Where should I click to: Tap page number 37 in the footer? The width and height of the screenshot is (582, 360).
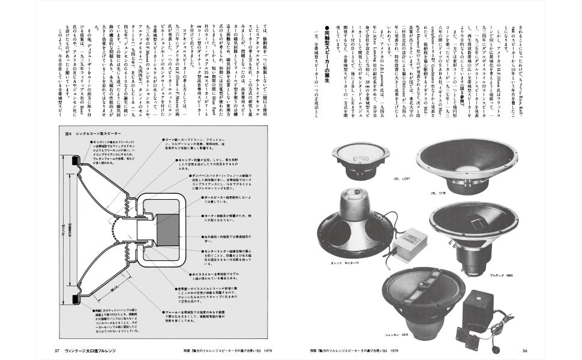(x=56, y=350)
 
